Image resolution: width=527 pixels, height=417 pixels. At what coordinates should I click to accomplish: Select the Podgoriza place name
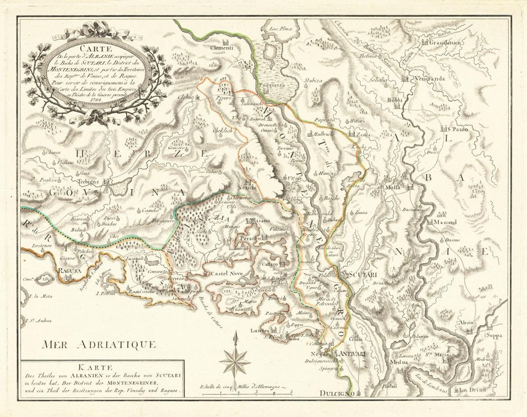pyautogui.click(x=272, y=85)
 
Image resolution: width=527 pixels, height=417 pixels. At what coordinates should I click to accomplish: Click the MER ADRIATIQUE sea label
pyautogui.click(x=99, y=344)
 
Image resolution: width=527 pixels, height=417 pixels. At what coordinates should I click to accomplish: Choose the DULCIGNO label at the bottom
pyautogui.click(x=337, y=393)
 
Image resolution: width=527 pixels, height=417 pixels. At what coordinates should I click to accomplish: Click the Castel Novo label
pyautogui.click(x=227, y=273)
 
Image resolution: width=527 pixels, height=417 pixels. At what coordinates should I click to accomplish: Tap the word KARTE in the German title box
pyautogui.click(x=101, y=367)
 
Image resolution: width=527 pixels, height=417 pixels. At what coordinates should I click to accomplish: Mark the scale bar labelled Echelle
pyautogui.click(x=247, y=394)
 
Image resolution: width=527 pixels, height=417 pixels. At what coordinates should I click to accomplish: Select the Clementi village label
pyautogui.click(x=222, y=48)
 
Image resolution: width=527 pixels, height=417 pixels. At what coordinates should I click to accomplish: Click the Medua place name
pyautogui.click(x=398, y=362)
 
